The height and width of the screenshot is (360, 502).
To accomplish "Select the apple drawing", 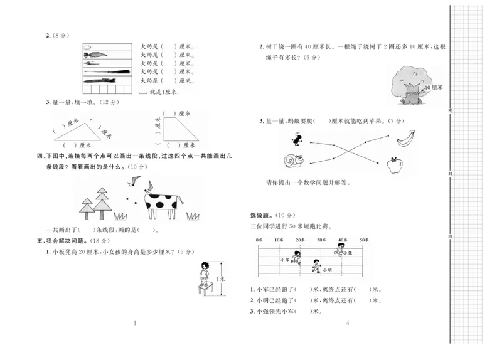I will click(395, 166).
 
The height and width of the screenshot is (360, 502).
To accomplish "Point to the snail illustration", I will click(293, 162).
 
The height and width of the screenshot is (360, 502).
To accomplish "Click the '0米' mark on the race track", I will click(259, 240).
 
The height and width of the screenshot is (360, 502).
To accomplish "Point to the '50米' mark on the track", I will click(365, 240).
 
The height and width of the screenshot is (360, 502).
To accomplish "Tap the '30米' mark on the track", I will click(322, 240).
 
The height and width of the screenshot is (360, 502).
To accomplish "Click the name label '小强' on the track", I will click(348, 253).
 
